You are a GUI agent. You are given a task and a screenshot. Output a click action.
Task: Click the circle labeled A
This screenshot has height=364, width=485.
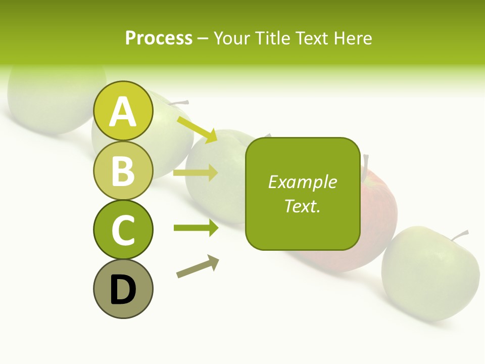(123, 111)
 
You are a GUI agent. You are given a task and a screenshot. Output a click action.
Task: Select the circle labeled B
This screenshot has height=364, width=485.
(123, 170)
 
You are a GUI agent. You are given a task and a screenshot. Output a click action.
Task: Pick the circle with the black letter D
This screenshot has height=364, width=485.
(123, 289)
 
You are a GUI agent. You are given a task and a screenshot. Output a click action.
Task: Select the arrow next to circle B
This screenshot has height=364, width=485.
(196, 173)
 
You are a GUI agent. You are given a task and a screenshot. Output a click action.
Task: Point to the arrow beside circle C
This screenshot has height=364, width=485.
(196, 228)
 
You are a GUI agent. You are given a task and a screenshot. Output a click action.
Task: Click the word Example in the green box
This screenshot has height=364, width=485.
(302, 182)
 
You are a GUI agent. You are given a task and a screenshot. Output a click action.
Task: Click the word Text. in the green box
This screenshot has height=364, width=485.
(302, 206)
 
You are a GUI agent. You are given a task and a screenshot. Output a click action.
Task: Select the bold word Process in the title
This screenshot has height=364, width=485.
(159, 38)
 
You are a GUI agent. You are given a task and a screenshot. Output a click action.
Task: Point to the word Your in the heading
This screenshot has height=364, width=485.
(232, 38)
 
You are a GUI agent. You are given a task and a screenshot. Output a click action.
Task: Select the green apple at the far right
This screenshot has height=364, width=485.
(429, 276)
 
